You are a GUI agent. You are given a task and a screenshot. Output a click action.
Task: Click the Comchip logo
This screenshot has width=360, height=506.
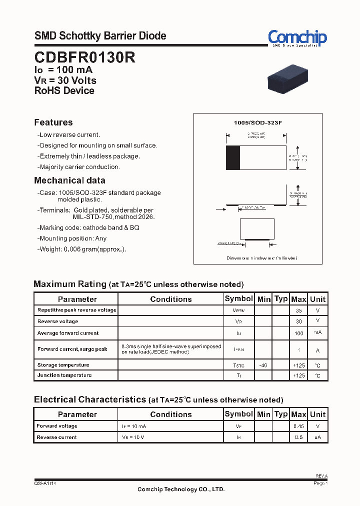pos(297,37)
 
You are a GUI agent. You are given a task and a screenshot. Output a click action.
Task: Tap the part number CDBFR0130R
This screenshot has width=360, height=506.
pos(84,57)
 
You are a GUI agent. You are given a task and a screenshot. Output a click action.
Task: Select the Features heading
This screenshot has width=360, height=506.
pos(53,122)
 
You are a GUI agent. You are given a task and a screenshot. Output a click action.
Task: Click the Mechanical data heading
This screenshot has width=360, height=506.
pos(69,180)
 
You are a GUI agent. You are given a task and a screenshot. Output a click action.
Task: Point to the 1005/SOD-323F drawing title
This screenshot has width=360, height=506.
pos(258,122)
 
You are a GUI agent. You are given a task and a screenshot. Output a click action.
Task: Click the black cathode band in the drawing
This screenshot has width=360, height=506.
pos(233,157)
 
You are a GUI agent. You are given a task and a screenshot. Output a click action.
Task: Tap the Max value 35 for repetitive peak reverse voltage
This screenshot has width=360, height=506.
pos(298,310)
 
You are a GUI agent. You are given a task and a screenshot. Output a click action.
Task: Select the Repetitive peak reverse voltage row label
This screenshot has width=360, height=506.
pos(76,310)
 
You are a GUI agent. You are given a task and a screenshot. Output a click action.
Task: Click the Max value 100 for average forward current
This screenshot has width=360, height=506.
pos(298,333)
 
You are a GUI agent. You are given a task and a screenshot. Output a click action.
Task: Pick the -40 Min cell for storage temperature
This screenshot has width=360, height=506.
pos(263,365)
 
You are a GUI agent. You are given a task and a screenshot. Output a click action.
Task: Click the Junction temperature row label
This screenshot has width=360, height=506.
pos(64,375)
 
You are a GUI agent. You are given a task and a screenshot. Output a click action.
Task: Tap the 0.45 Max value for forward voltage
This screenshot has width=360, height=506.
pos(298,426)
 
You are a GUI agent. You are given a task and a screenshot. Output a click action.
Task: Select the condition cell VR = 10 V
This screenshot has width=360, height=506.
pos(134,437)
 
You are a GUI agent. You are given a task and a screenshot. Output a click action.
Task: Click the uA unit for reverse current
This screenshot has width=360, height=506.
pos(317,437)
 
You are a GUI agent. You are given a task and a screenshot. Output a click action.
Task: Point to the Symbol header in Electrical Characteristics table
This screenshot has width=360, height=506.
pos(238,414)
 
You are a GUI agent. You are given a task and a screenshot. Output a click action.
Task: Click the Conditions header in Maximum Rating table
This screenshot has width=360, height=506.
pos(170,299)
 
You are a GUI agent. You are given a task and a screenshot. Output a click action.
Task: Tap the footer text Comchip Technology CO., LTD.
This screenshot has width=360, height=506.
pos(181,489)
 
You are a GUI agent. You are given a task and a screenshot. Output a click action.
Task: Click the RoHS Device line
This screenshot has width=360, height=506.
pos(64,90)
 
